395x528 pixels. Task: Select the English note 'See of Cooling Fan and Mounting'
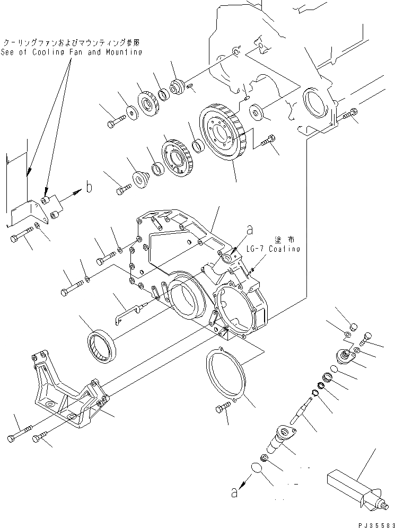(x=72, y=52)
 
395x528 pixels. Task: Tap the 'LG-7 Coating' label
(x=273, y=249)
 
